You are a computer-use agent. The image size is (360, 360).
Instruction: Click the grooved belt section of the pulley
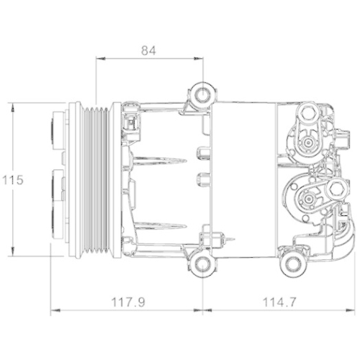[x=97, y=180]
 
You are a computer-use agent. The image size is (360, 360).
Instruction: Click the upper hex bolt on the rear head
[x=309, y=114]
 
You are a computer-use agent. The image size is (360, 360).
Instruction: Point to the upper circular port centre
[x=310, y=143]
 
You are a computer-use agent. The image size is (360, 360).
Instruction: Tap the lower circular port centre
[x=310, y=201]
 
